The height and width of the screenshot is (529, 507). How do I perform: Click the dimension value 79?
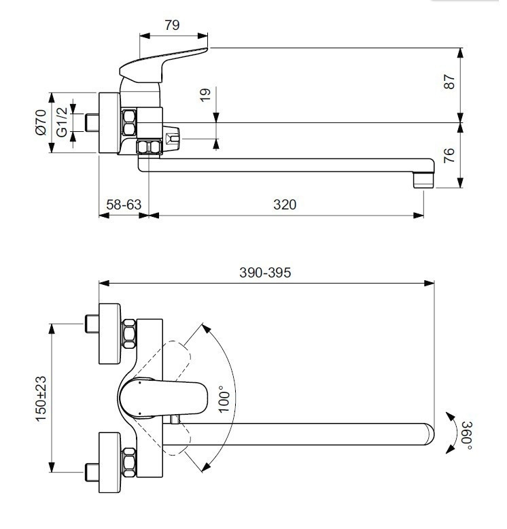pyautogui.click(x=172, y=25)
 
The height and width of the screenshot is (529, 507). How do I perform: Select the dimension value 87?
pyautogui.click(x=447, y=84)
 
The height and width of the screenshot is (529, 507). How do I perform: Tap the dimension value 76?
pyautogui.click(x=447, y=155)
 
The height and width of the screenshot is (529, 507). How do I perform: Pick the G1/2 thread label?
pyautogui.click(x=61, y=122)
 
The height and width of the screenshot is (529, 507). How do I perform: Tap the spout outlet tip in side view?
pyautogui.click(x=423, y=180)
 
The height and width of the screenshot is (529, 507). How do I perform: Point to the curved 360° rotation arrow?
pyautogui.click(x=451, y=432)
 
